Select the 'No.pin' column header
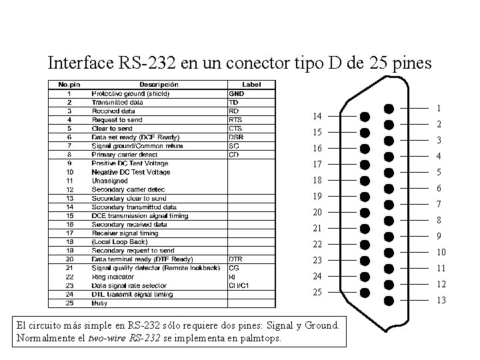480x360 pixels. click(69, 85)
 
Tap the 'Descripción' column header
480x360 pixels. click(159, 85)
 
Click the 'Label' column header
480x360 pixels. click(251, 85)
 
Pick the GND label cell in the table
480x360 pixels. click(237, 94)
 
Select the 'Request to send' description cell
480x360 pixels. click(117, 120)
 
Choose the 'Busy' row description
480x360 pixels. click(99, 302)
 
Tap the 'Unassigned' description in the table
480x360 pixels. click(111, 181)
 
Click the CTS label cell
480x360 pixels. click(235, 129)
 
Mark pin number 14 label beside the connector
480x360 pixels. click(317, 116)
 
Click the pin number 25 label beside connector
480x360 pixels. click(317, 293)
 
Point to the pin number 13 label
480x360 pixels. click(441, 301)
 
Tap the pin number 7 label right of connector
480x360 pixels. click(438, 204)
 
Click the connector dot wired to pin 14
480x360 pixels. click(365, 116)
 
